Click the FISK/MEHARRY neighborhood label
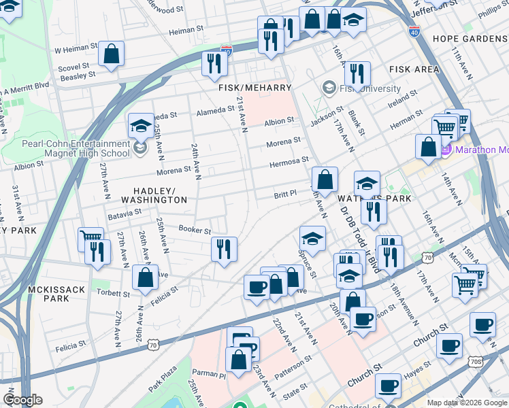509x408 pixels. coord(255,88)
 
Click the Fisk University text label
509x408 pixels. coord(371,88)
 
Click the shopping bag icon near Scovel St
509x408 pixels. coord(111,53)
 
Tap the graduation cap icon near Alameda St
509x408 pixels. coord(140,124)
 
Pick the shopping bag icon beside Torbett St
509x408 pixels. coord(145,277)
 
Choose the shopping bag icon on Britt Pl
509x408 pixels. coord(326,180)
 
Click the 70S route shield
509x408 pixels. coord(475,361)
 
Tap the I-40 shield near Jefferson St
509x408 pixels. coord(415,31)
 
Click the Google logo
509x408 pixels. coord(22,400)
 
